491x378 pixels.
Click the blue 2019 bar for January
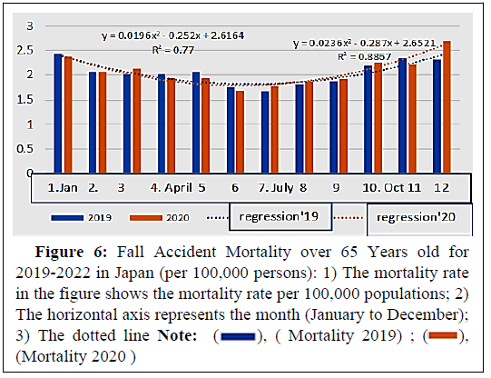pos(58,114)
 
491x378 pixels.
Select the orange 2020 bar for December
pos(447,107)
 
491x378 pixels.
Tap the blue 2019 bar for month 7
pos(265,132)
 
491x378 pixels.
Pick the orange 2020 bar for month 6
pos(241,132)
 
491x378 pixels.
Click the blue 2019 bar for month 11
pos(402,115)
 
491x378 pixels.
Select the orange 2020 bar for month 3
pos(137,121)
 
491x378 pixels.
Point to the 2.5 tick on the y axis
pos(25,50)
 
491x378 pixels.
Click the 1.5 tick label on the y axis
pos(25,100)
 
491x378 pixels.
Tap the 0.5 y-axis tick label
pos(25,149)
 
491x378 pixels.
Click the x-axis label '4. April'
pos(171,188)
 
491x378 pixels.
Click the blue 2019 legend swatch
pos(67,218)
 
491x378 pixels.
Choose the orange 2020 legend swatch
pos(146,218)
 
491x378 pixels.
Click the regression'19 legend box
pos(280,216)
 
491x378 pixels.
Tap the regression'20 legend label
pos(416,217)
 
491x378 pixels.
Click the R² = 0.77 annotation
pos(172,50)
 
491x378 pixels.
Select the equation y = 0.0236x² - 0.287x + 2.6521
pos(365,43)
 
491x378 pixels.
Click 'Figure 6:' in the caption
pos(71,252)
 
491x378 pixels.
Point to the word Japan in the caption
pos(134,274)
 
